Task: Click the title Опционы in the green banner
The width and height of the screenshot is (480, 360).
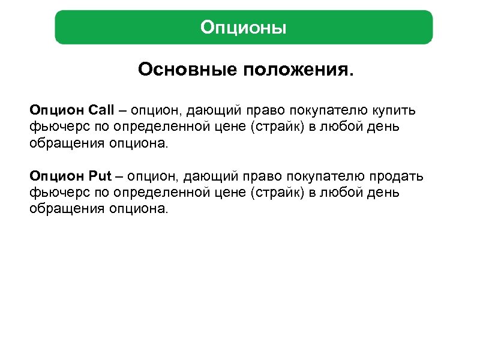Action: [x=244, y=28]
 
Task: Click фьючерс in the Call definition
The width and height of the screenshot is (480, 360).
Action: [x=52, y=127]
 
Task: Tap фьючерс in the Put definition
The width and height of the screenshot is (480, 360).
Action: [x=52, y=193]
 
